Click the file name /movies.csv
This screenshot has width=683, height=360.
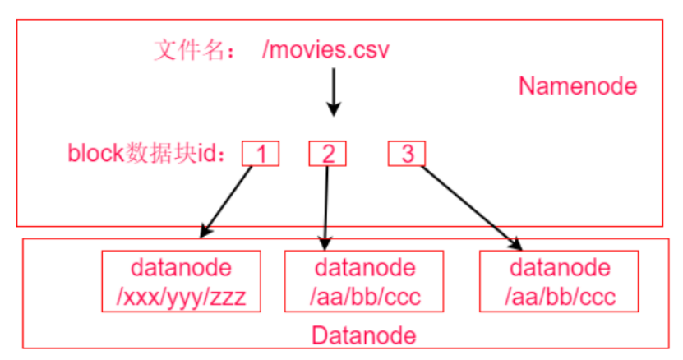325,51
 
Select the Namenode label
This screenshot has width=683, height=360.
577,85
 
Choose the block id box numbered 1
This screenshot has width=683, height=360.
261,153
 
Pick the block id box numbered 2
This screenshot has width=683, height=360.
328,153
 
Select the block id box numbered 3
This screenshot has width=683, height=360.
407,153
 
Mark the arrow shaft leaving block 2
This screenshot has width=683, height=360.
327,201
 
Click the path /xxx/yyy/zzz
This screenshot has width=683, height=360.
181,295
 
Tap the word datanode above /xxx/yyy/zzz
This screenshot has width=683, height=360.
181,269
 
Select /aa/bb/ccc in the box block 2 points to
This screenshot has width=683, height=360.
363,295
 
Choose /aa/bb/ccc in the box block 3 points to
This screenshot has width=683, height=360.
560,295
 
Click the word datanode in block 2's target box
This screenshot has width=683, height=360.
363,269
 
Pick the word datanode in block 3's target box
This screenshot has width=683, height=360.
560,269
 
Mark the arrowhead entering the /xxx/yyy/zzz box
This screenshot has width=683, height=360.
204,233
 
